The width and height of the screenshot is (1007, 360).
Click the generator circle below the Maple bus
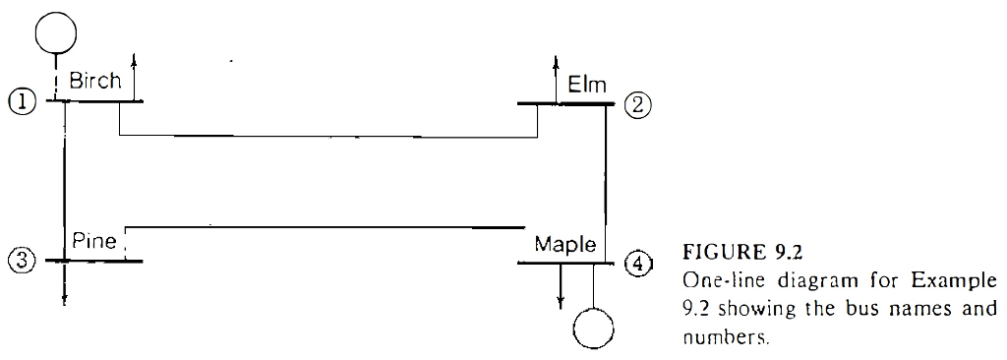[593, 328]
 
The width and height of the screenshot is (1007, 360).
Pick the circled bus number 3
[20, 260]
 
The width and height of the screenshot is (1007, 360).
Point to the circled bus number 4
[639, 263]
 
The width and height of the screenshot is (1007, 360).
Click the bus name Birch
[94, 82]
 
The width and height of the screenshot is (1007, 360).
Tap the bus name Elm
[587, 86]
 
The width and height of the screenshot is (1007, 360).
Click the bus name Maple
[564, 244]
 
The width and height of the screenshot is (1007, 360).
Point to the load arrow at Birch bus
[134, 74]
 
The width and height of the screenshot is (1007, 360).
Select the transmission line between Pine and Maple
[325, 226]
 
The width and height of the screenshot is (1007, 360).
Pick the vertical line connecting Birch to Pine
[64, 177]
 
